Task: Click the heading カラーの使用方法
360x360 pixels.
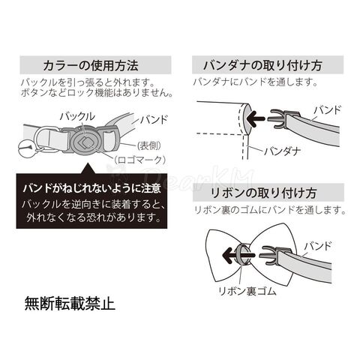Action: pos(91,65)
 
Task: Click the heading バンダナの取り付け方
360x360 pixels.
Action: pos(262,65)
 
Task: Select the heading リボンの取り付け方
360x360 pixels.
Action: pos(264,193)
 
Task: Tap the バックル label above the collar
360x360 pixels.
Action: pos(77,117)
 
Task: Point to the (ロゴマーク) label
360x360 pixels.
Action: pos(139,160)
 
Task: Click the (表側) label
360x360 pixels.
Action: pos(149,145)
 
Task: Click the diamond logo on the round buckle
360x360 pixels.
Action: pos(83,143)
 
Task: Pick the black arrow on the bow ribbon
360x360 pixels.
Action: pos(237,256)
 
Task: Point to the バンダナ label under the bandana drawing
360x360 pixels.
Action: pos(283,151)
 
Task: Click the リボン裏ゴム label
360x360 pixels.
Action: pos(247,291)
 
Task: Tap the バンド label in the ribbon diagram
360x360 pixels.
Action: pos(318,247)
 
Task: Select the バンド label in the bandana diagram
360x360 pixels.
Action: pos(328,110)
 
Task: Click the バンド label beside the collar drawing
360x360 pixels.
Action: pos(154,120)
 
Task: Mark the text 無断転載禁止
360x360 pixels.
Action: pos(70,304)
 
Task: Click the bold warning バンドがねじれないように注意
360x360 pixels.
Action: pos(91,188)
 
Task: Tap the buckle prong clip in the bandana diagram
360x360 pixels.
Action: pos(278,118)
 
